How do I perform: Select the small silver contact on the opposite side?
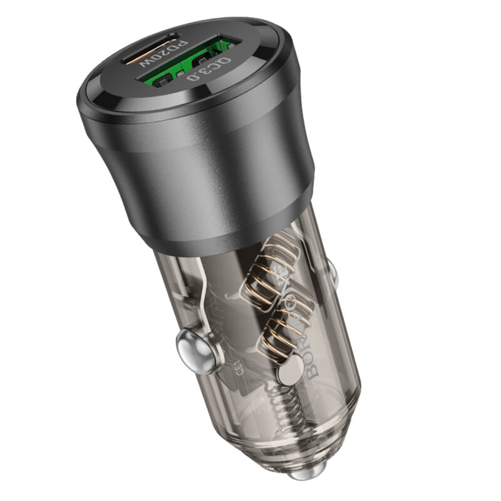[x=331, y=271]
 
